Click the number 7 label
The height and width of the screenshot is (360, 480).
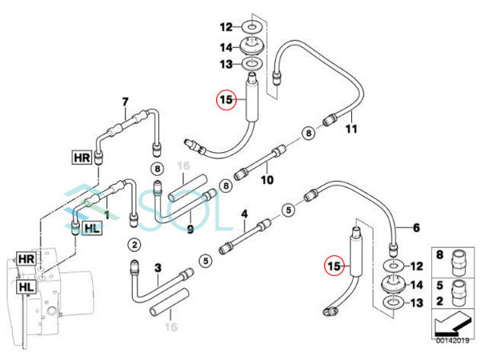coord(125,101)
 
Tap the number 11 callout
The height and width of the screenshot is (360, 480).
coord(350,128)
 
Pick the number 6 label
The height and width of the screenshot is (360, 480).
coord(415,227)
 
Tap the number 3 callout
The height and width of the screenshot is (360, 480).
coord(158,266)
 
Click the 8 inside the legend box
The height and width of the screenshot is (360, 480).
coord(440,255)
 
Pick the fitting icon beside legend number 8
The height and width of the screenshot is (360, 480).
coord(458,258)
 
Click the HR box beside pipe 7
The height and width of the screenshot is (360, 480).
coord(82,157)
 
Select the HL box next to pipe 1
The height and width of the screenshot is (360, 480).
coord(93,229)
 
